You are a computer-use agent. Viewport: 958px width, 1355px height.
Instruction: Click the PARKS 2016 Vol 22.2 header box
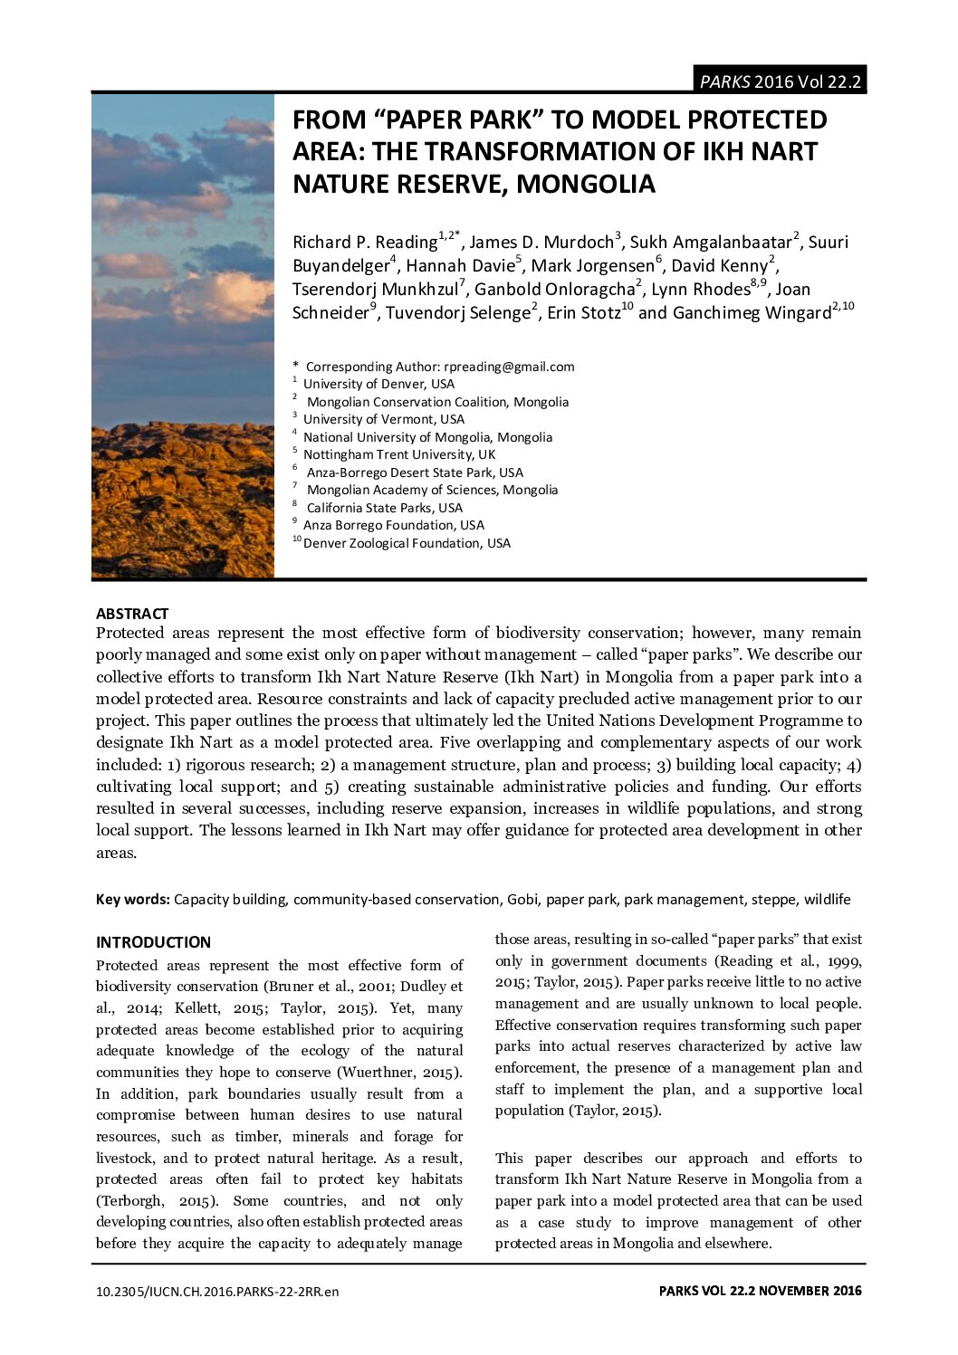(x=779, y=81)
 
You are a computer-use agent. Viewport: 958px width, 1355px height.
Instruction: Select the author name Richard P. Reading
(x=365, y=242)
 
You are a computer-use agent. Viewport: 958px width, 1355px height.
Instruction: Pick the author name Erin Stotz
(x=583, y=313)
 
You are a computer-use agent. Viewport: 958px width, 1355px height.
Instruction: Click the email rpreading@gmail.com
(x=509, y=367)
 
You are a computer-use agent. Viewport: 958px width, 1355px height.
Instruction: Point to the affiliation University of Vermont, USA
(x=383, y=419)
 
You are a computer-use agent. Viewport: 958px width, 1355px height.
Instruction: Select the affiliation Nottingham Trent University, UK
(x=399, y=454)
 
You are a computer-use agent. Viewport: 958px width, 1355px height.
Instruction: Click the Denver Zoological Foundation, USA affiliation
(x=407, y=543)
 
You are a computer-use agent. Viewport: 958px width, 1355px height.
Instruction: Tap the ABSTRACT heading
(x=132, y=614)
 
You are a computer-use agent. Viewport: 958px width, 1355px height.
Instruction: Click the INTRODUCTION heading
(x=153, y=942)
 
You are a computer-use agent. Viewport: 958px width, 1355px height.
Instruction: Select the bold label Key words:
(x=133, y=900)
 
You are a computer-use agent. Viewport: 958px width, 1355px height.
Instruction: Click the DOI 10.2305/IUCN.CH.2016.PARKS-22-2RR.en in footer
(x=217, y=1292)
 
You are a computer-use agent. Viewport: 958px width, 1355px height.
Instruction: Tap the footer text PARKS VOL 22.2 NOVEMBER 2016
(x=760, y=1292)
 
